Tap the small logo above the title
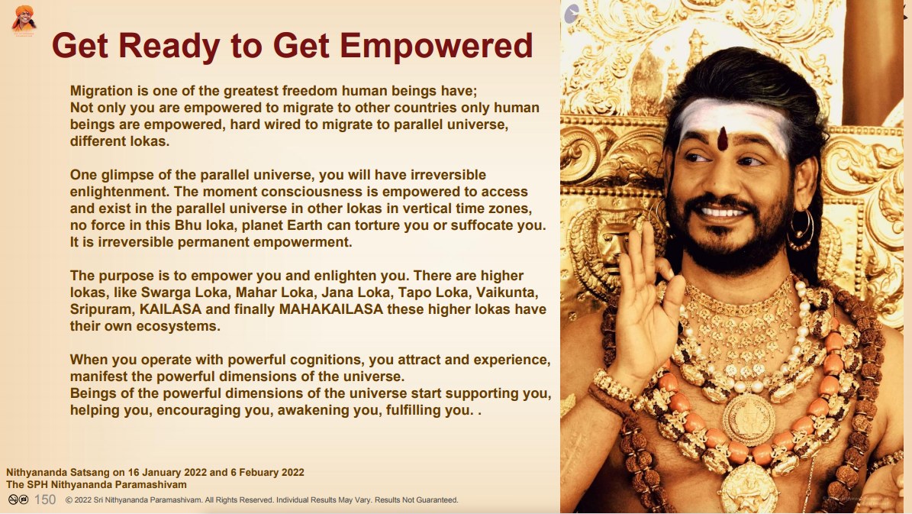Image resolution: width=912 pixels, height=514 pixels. (24, 20)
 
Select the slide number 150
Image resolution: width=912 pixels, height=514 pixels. (45, 499)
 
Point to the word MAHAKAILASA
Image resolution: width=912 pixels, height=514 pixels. (331, 309)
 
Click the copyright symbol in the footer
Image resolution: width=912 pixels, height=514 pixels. (69, 500)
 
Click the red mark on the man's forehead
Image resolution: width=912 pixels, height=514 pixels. (722, 138)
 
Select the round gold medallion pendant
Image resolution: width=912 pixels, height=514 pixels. (749, 419)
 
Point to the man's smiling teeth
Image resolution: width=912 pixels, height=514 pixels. (722, 212)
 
